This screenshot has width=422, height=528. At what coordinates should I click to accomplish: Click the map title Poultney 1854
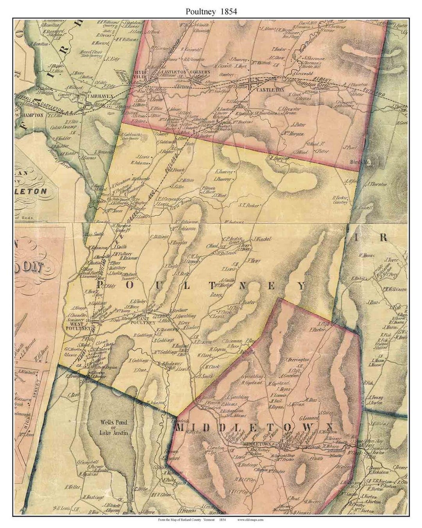click(211, 11)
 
